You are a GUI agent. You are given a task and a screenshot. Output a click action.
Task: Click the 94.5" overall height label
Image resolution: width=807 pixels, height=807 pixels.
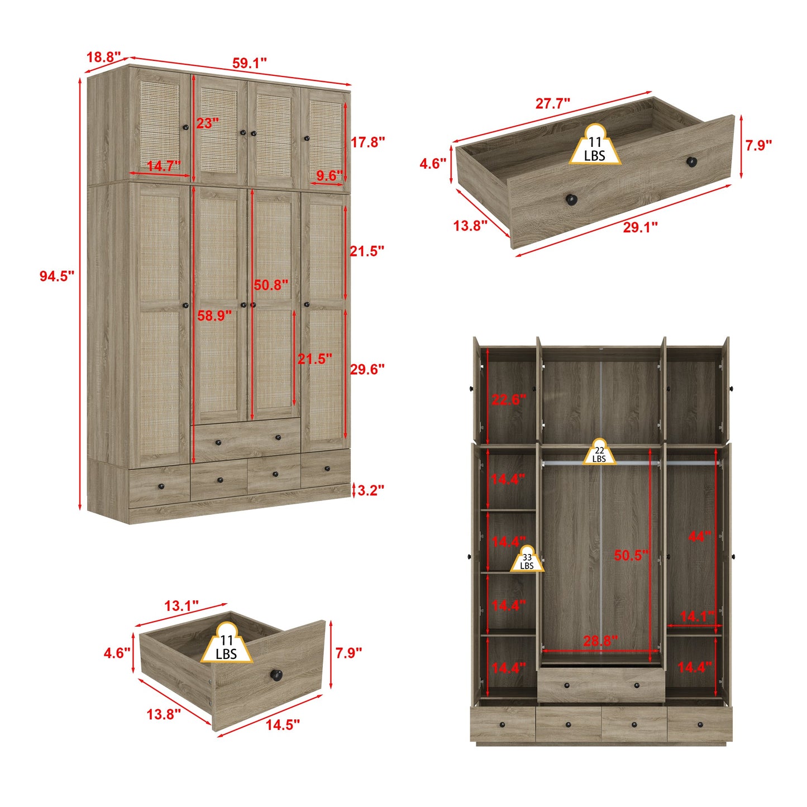(x=56, y=276)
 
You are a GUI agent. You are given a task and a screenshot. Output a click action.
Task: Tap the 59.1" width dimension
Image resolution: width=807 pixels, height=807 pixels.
(x=250, y=63)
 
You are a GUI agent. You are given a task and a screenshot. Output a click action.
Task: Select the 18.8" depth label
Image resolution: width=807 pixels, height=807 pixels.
(x=103, y=57)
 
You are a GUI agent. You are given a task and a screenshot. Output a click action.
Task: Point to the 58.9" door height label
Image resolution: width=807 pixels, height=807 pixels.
(x=214, y=316)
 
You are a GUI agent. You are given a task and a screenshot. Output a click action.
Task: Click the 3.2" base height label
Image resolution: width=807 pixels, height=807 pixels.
(x=370, y=490)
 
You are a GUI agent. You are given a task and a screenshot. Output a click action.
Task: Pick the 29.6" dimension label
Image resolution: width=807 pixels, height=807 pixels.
(x=367, y=369)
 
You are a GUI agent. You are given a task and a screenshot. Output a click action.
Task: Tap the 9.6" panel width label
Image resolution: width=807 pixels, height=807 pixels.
(x=329, y=176)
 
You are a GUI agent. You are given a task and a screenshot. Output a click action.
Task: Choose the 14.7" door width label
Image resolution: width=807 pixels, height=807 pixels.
(x=164, y=166)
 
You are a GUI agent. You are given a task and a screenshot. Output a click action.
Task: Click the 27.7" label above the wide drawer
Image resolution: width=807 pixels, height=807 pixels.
(x=553, y=103)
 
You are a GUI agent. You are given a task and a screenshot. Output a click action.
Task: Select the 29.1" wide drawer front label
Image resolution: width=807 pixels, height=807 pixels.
(x=641, y=227)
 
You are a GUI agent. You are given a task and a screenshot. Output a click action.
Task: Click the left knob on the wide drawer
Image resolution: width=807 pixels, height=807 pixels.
(x=571, y=199)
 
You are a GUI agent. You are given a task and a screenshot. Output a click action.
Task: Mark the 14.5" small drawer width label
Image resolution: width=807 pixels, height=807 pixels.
(x=283, y=725)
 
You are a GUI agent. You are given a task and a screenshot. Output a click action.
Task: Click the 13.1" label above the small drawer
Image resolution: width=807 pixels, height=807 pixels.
(x=182, y=606)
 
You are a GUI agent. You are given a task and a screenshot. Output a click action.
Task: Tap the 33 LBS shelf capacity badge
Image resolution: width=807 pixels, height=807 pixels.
(x=527, y=560)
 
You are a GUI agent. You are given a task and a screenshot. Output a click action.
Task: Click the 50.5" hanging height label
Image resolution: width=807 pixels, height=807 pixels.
(x=632, y=555)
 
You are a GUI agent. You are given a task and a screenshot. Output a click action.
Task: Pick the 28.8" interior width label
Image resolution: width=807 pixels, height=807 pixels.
(x=600, y=641)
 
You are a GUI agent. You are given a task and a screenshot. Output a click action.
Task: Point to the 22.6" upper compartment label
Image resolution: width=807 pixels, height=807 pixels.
(x=509, y=399)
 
